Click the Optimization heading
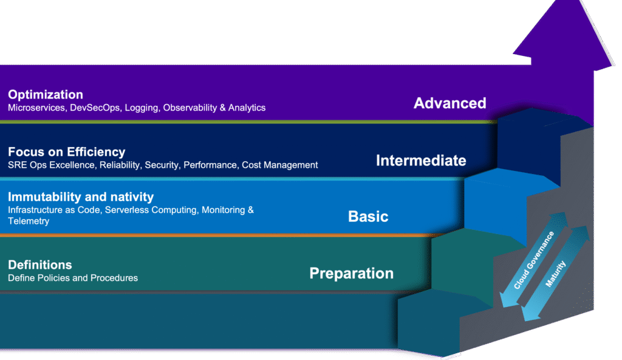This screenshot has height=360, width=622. [46, 95]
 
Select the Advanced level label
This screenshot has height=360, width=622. [449, 103]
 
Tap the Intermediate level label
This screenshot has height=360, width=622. [421, 161]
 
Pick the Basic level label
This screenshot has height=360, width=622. [368, 216]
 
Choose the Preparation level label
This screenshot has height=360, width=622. [351, 273]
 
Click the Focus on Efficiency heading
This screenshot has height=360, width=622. [67, 152]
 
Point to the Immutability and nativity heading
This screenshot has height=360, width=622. [81, 197]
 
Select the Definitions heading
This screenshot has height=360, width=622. [40, 265]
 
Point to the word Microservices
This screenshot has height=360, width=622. [34, 108]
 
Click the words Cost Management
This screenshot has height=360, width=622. [280, 165]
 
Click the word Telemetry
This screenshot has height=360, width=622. [29, 221]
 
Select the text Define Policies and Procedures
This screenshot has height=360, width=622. [73, 278]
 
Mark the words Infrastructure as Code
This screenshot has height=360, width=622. [50, 210]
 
